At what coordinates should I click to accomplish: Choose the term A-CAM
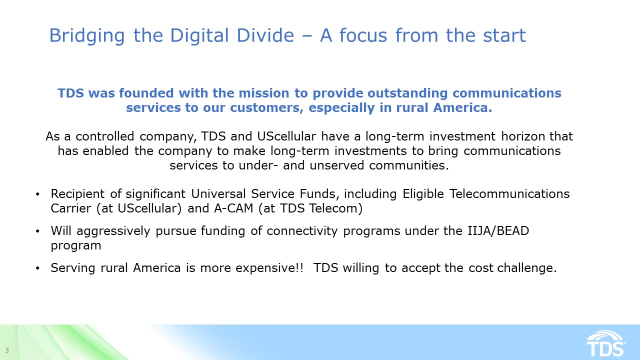coord(234,208)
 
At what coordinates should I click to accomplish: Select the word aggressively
coord(109,231)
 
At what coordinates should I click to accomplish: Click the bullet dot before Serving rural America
coord(38,268)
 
